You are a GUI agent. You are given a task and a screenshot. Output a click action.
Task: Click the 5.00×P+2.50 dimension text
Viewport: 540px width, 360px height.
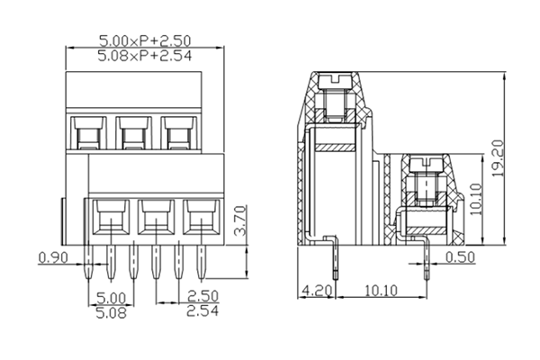click(x=146, y=40)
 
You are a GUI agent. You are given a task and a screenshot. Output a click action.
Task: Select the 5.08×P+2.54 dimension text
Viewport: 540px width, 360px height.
click(x=146, y=56)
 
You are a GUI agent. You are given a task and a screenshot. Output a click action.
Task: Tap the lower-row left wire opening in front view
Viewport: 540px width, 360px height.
click(x=111, y=216)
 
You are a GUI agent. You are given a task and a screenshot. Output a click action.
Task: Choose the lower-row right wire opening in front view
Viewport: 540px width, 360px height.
click(x=200, y=216)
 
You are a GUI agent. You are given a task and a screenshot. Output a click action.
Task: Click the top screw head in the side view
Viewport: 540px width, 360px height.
click(x=337, y=80)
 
